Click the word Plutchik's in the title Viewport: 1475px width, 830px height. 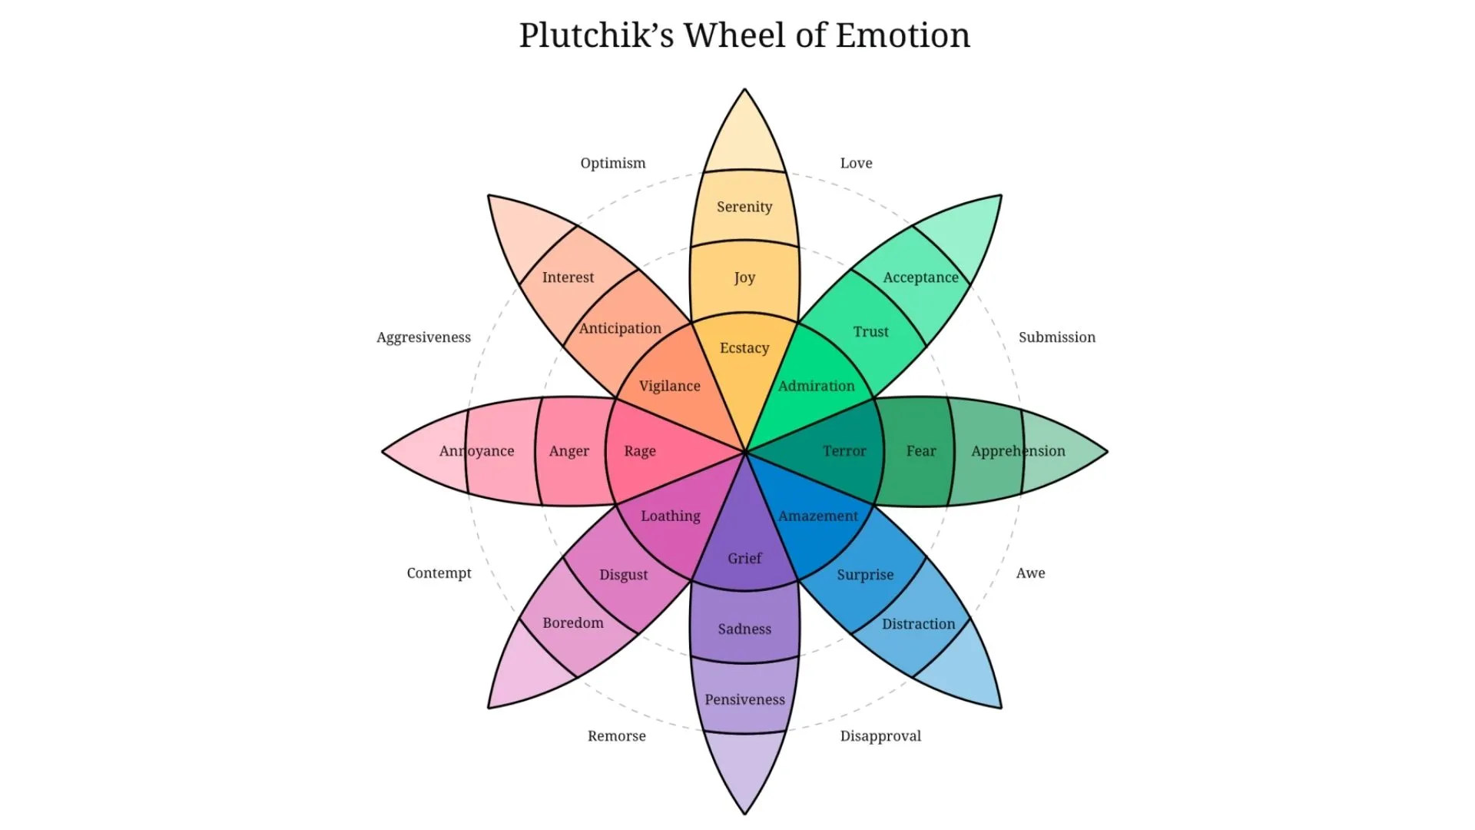tap(596, 35)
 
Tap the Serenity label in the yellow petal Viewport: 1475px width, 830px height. tap(744, 207)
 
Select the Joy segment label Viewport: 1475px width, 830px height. tap(744, 277)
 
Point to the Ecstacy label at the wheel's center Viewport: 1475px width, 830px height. tap(744, 348)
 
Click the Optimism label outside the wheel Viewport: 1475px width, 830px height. tap(613, 163)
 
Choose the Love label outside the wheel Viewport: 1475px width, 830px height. tap(856, 163)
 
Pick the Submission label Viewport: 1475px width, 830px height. tap(1057, 337)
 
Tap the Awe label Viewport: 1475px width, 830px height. tap(1030, 573)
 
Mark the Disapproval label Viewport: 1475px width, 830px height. tap(880, 736)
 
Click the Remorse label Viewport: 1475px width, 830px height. tap(616, 736)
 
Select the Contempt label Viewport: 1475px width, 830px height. tap(439, 573)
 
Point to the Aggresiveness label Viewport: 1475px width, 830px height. tap(423, 337)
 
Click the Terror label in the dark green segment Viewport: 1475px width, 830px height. tap(844, 451)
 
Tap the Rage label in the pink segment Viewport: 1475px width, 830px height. tap(640, 451)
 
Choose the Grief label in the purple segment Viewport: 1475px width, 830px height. tap(744, 559)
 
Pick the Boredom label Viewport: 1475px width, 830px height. tap(573, 623)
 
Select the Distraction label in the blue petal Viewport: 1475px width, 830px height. tap(918, 624)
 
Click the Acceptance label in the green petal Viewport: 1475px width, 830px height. tap(920, 277)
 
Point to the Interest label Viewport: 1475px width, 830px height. tap(568, 277)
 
